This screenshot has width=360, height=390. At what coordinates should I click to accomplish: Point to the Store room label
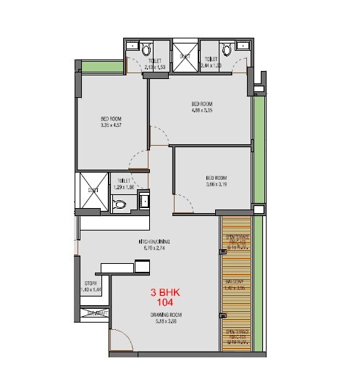click(91, 286)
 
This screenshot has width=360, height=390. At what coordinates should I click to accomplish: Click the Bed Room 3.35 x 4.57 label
click(110, 122)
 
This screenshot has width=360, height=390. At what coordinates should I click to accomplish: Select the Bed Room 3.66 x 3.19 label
click(216, 181)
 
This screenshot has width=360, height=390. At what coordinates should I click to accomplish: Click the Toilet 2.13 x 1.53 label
click(155, 63)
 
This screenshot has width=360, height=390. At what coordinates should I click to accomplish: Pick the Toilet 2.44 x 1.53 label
click(212, 63)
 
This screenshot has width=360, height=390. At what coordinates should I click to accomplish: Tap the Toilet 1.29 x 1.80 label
click(123, 184)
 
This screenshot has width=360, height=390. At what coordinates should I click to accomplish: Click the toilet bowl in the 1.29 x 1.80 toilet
click(120, 204)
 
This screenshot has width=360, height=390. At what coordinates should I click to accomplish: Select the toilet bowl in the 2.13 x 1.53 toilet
click(146, 49)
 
